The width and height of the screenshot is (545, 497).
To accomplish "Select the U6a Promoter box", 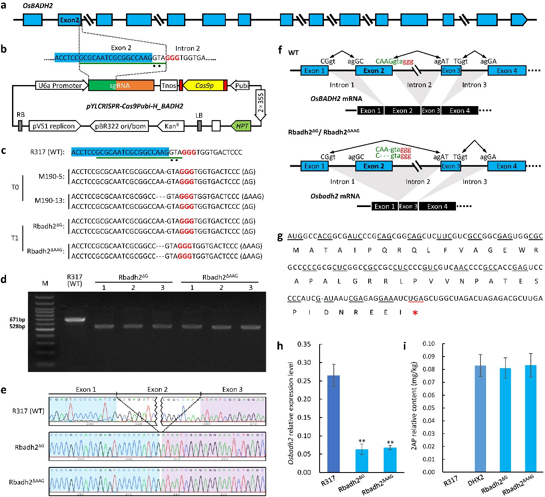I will [x=60, y=85].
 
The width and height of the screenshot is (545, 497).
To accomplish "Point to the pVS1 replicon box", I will [x=54, y=126].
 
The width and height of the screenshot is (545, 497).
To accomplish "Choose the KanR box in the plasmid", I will [x=172, y=126].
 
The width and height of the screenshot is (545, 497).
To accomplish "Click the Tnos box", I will [x=169, y=85].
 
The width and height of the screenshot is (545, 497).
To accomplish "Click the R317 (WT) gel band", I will [x=75, y=320].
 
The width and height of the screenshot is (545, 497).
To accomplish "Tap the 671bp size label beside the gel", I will [x=17, y=320].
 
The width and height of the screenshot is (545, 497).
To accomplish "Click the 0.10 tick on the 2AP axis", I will [x=428, y=344].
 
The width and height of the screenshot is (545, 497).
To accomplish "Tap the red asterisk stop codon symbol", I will [x=415, y=313].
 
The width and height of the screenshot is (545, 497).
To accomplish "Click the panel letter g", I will [x=280, y=237].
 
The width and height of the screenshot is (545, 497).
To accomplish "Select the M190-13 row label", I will [x=49, y=201].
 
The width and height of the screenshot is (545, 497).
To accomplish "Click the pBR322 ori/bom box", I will [x=120, y=126].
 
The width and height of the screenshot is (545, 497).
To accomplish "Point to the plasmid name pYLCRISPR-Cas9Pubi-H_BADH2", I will [x=129, y=106].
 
